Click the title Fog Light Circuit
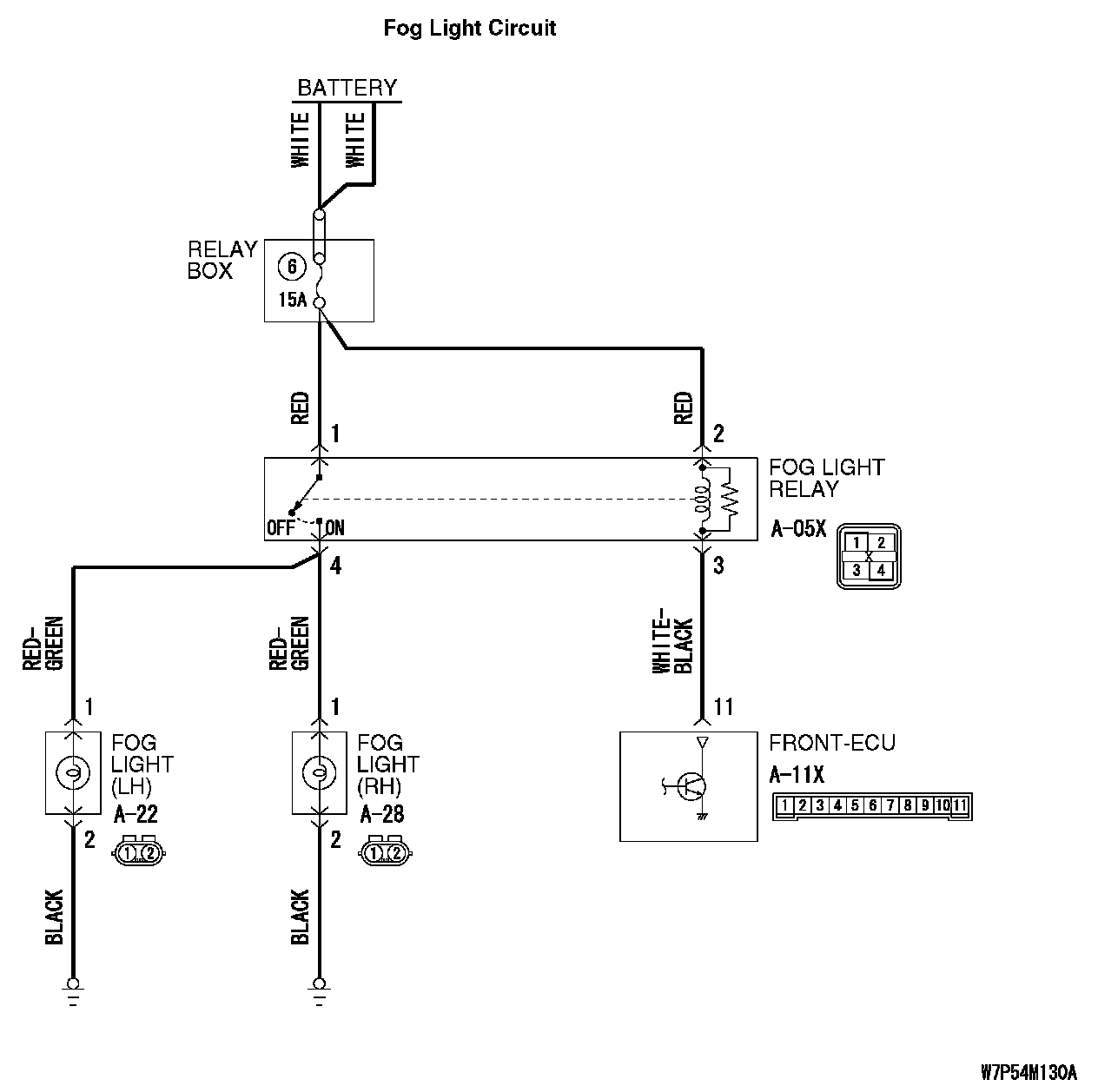(x=469, y=29)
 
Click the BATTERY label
(x=347, y=88)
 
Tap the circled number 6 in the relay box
(x=292, y=267)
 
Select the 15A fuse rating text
(x=293, y=301)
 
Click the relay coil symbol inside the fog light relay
(x=703, y=499)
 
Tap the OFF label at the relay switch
(x=281, y=527)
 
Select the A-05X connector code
(x=798, y=528)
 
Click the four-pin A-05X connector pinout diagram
(x=868, y=556)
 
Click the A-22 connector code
(x=136, y=814)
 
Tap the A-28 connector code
(x=382, y=814)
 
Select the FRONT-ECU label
(x=831, y=743)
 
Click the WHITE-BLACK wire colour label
(x=672, y=646)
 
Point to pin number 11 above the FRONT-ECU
(x=723, y=707)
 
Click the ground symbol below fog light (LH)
(x=73, y=990)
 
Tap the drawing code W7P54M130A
(x=1029, y=1070)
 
